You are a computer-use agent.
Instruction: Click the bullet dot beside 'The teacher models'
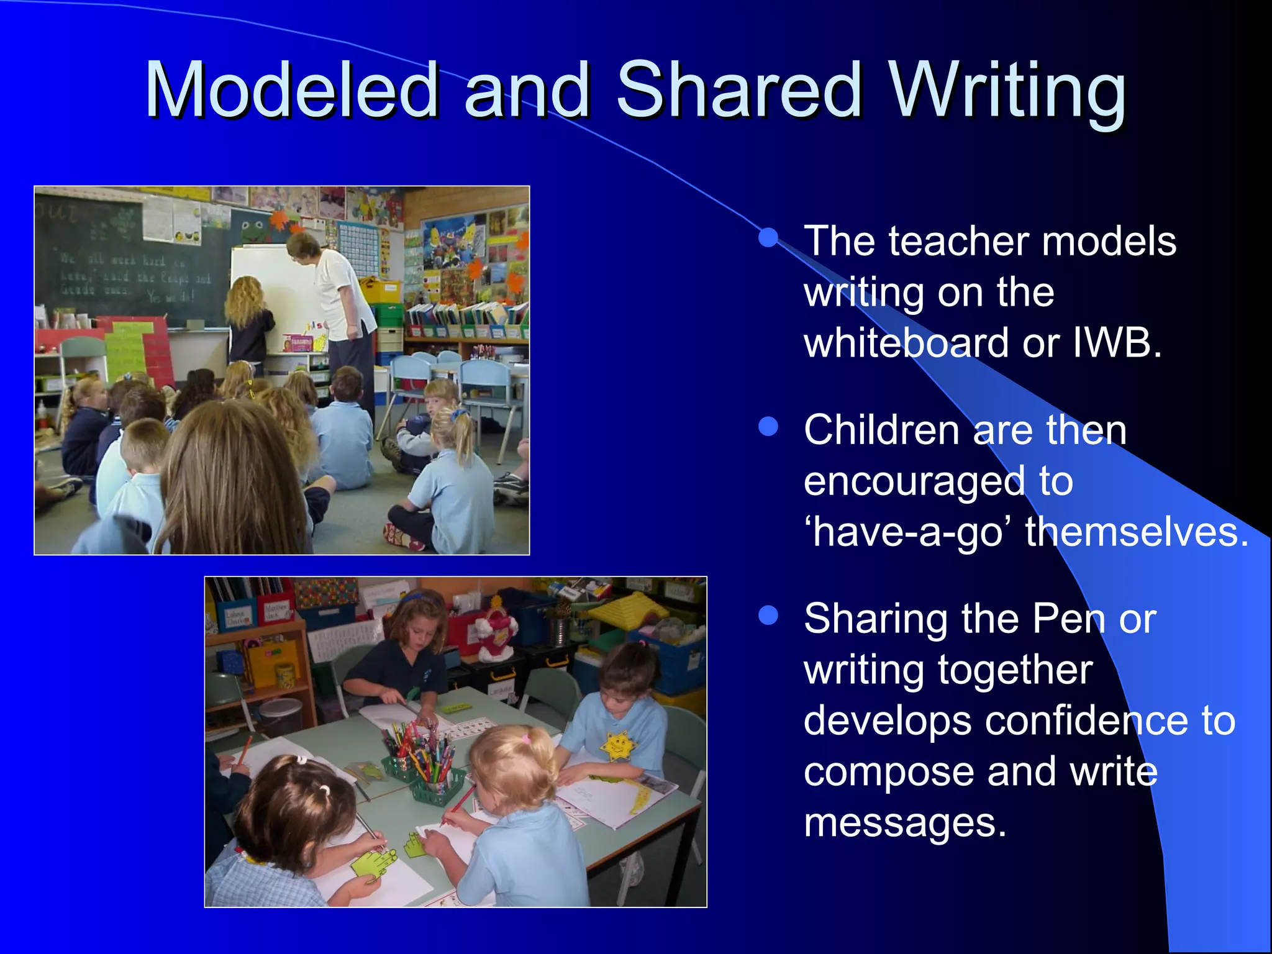tap(768, 237)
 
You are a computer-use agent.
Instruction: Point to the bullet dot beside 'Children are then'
tap(768, 427)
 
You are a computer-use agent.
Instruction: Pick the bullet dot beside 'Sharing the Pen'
tap(768, 615)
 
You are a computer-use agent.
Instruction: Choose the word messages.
tap(904, 823)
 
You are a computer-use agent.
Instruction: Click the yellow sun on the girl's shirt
tap(617, 744)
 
